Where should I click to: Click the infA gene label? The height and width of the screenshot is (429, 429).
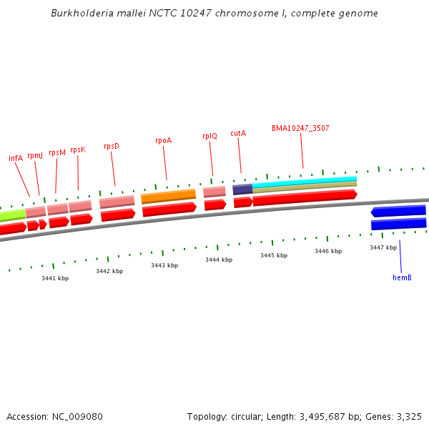point(16,158)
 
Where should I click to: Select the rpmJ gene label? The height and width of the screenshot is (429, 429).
point(35,155)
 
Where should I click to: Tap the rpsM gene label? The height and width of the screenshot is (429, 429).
point(57,152)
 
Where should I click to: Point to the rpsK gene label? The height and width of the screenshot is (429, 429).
point(78,149)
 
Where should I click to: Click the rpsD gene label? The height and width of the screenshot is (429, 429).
point(112,146)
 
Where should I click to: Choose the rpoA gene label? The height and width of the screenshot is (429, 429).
point(163,140)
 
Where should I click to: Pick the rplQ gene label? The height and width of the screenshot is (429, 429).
point(209,136)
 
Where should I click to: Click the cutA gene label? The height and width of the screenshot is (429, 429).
point(238,133)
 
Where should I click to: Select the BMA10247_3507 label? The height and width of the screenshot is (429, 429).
point(300,128)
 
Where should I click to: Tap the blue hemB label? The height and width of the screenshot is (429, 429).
point(402,277)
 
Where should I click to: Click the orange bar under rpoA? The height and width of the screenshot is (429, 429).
point(168,195)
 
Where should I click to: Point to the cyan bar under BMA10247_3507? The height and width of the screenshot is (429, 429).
point(304,182)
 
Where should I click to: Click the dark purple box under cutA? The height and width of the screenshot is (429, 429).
point(242,189)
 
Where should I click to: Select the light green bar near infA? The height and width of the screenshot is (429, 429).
point(11,215)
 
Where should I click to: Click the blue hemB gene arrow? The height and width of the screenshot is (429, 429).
point(398,212)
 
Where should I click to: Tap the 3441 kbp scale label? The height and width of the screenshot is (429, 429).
point(55,278)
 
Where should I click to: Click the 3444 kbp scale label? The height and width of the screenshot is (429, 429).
point(219,260)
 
